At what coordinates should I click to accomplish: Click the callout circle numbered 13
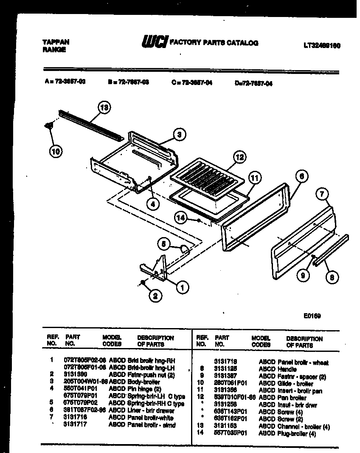tap(104, 108)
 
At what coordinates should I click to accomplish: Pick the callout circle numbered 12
tap(240, 157)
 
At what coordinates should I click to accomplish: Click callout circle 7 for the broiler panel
tap(323, 195)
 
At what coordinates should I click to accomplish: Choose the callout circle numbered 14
tap(181, 218)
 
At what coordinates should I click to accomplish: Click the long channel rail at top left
tap(91, 127)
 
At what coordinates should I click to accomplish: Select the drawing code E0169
tap(312, 316)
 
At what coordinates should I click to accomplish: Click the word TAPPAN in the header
tap(56, 42)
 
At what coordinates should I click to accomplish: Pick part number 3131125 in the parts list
tap(225, 369)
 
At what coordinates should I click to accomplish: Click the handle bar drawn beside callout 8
tap(331, 251)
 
